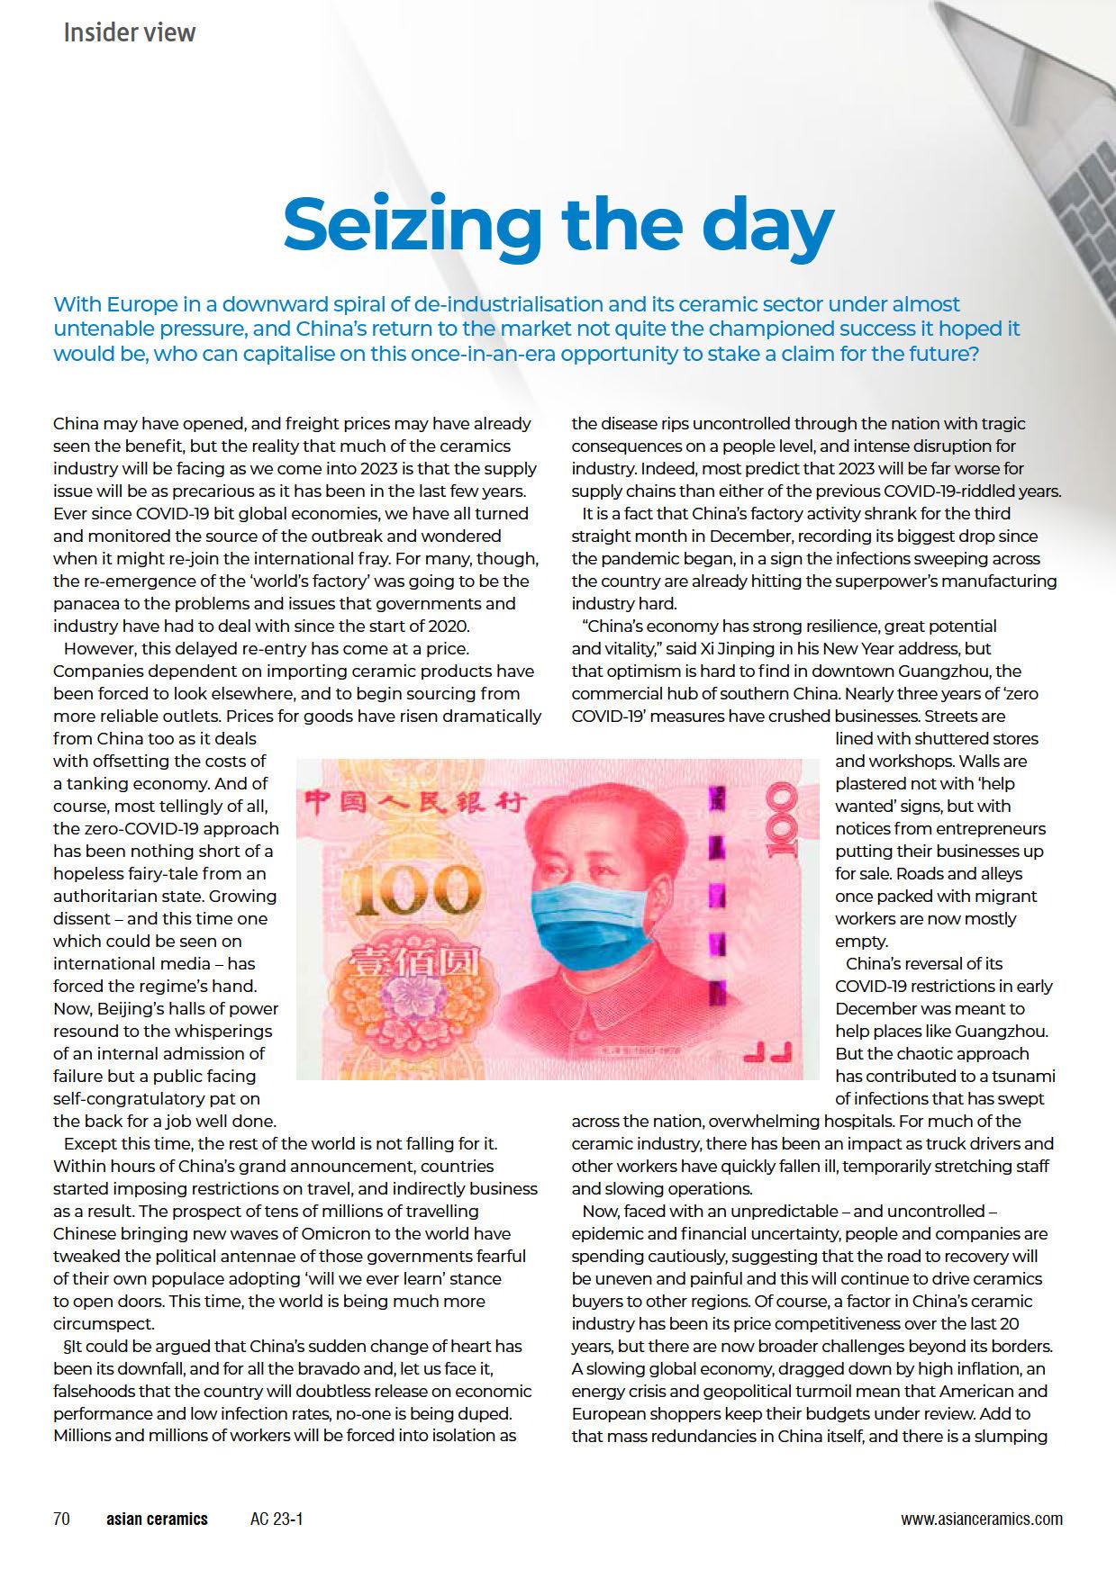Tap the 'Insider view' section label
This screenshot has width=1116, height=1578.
(129, 33)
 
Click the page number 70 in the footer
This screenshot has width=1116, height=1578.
(61, 1519)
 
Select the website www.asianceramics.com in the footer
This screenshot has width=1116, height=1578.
(981, 1519)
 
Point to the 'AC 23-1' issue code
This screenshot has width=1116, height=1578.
(277, 1519)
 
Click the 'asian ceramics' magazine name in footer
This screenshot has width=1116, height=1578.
(157, 1519)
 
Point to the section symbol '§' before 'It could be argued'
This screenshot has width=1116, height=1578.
(58, 1347)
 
